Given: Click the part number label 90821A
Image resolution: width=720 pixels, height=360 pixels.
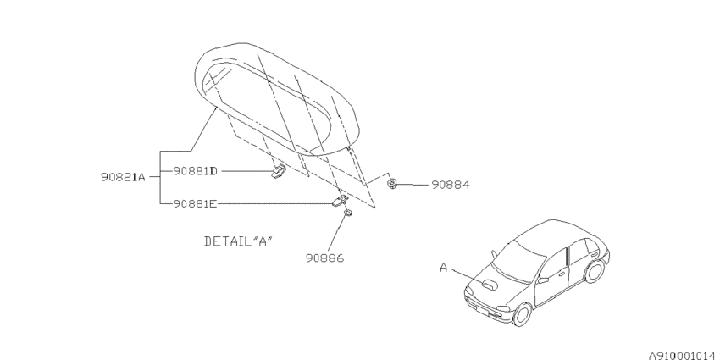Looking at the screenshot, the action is click(123, 177).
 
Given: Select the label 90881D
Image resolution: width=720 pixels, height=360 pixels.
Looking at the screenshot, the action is click(195, 171).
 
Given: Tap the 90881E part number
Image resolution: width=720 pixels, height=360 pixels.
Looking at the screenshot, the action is click(195, 203).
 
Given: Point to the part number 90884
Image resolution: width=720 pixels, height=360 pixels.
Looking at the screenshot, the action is click(451, 185).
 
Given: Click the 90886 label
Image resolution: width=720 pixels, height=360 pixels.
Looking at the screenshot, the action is click(325, 258).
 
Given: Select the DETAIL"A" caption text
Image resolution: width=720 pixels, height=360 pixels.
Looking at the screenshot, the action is click(238, 241).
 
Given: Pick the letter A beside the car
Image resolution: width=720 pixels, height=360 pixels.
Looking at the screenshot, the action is click(444, 267).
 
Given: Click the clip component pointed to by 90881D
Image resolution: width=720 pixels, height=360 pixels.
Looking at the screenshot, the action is click(280, 172).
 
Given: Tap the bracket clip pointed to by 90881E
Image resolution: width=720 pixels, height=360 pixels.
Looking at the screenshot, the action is click(340, 200).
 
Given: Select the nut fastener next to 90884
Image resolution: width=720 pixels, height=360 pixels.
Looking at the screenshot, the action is click(391, 185).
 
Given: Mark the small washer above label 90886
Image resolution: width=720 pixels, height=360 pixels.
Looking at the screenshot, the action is click(348, 213).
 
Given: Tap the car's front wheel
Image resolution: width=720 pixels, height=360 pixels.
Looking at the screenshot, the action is click(522, 314).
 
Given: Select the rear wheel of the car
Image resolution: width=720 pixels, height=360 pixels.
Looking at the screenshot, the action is click(594, 270).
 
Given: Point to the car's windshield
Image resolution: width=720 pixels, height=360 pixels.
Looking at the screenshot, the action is click(517, 260).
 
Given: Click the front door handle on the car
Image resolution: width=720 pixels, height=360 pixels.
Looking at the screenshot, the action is click(562, 274).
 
